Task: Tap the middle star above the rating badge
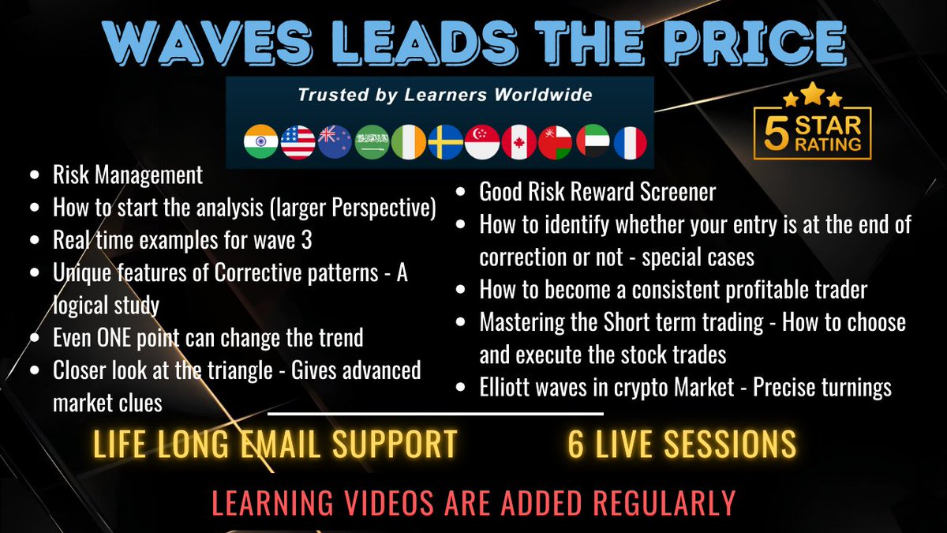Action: coord(813,96)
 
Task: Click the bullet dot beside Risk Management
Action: coord(32,175)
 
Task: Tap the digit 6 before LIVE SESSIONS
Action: coord(576,445)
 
